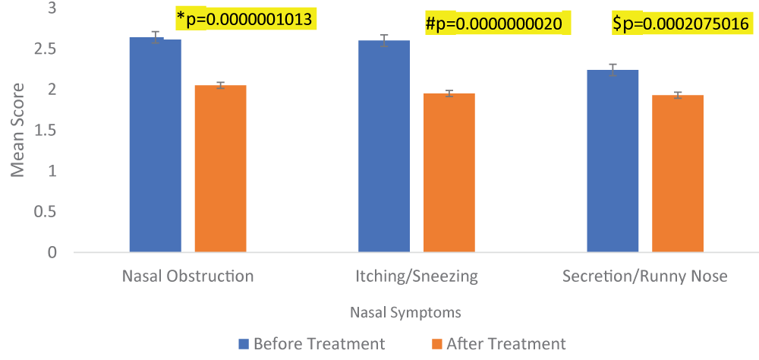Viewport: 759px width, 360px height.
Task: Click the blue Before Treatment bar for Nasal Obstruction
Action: pos(156,144)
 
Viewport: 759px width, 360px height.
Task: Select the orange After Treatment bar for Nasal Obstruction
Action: pos(220,168)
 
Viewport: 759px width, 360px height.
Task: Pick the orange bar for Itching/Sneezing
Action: pos(449,172)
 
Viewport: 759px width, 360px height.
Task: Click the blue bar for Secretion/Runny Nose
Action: pos(613,160)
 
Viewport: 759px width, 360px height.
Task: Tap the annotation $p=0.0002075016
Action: pos(681,24)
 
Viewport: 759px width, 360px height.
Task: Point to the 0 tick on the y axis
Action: pos(52,252)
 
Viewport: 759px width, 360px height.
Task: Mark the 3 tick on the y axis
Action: pos(52,9)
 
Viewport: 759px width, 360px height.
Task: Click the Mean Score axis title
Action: pos(18,130)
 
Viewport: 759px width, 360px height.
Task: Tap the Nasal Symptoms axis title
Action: pos(405,312)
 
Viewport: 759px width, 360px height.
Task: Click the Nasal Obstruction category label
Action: pos(187,276)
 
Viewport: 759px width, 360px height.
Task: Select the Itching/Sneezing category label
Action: pos(417,276)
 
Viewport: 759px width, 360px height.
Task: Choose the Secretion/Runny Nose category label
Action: pos(644,276)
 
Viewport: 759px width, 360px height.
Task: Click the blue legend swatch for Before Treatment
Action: pos(244,343)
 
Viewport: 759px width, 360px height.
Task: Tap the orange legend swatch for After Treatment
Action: pos(436,343)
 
